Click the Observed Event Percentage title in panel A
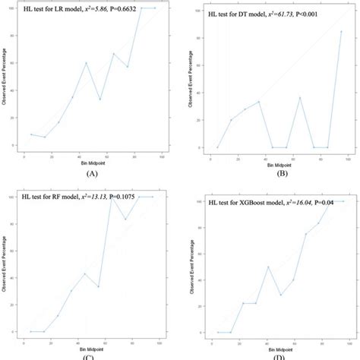(x=5, y=84)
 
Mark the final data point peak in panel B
(x=341, y=32)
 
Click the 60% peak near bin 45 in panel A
(x=86, y=63)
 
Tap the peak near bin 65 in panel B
(x=300, y=97)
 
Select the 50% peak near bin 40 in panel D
(x=268, y=267)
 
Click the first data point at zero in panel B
(x=217, y=147)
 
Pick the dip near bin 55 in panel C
(x=98, y=286)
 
